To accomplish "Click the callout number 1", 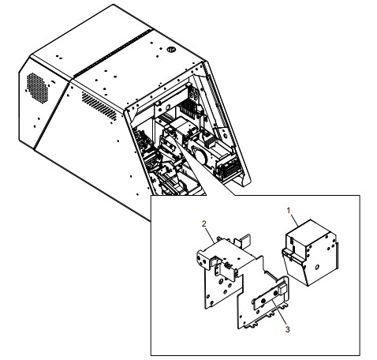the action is click(x=289, y=211).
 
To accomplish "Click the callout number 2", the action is click(x=204, y=223).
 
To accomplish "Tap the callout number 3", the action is click(x=288, y=329).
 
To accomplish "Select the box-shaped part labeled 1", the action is click(x=310, y=252).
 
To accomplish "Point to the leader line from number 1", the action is click(x=294, y=220).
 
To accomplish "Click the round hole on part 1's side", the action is click(x=317, y=267).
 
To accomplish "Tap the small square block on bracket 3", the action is click(x=282, y=288).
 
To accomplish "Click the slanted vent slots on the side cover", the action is click(x=99, y=106).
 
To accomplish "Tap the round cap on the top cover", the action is click(x=171, y=49).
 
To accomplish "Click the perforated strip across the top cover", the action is click(x=113, y=53).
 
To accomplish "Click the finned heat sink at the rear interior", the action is click(x=188, y=108).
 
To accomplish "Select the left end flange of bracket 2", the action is click(x=203, y=260).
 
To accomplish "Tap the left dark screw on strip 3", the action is click(x=263, y=301).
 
